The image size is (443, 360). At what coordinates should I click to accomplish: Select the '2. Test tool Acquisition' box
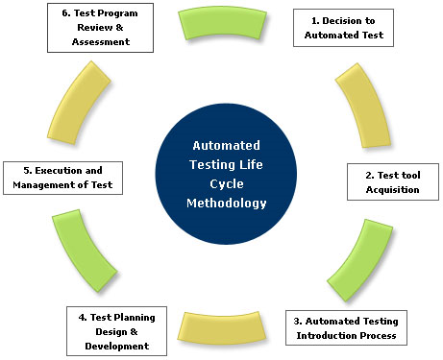[x=390, y=181]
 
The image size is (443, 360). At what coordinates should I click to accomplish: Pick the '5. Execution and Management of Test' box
[x=62, y=178]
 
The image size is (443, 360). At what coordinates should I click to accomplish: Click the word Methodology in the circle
[x=228, y=203]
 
